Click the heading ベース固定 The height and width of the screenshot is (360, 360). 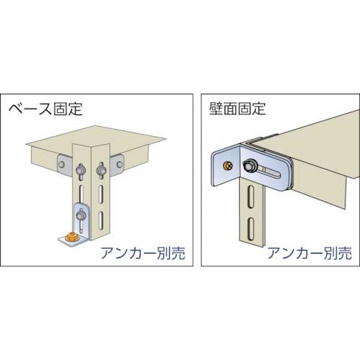click(x=45, y=110)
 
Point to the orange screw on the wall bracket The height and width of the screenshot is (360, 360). click(x=228, y=166)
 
